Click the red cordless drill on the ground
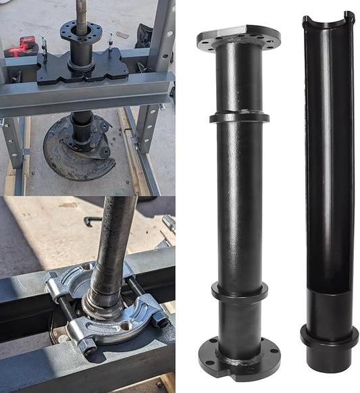click(x=20, y=47)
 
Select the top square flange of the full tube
click(x=238, y=37)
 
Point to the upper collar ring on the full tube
click(x=239, y=117)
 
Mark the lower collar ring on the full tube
click(x=239, y=291)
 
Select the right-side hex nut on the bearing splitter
click(x=160, y=319)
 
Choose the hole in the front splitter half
click(x=126, y=326)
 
